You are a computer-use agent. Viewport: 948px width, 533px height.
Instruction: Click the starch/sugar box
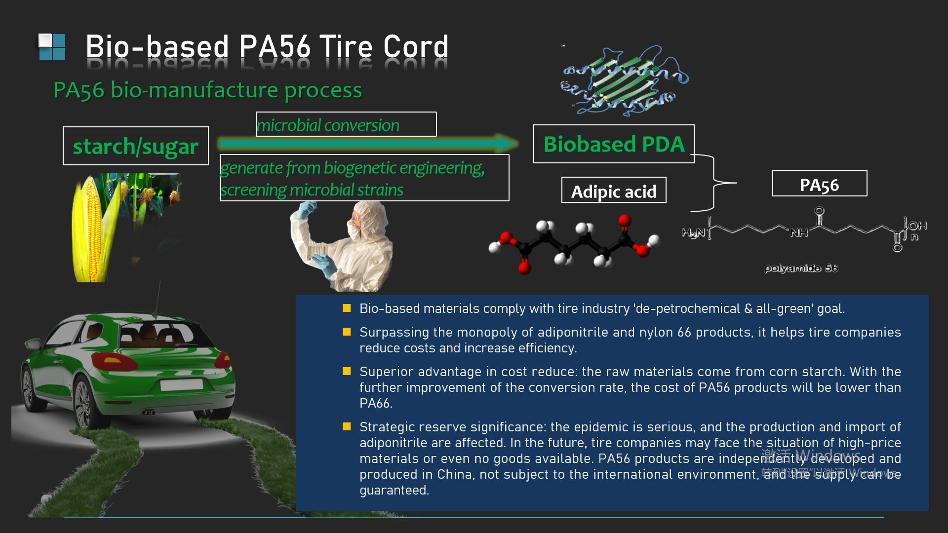pos(136,146)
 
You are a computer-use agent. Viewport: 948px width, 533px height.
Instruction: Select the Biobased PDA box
pos(614,144)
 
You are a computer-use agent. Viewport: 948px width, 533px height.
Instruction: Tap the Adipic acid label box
pos(614,190)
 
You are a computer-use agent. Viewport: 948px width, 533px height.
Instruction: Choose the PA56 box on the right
pos(820,184)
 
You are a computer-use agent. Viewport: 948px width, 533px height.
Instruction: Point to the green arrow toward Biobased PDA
pos(368,144)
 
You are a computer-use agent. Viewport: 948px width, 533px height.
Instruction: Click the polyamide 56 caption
pos(801,268)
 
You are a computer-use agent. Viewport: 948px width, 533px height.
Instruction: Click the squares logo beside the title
pos(52,47)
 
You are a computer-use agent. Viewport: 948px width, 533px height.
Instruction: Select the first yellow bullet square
pos(347,308)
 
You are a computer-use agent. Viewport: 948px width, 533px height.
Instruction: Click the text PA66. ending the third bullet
pos(376,403)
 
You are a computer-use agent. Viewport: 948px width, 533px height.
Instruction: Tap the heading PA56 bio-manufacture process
pos(207,90)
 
